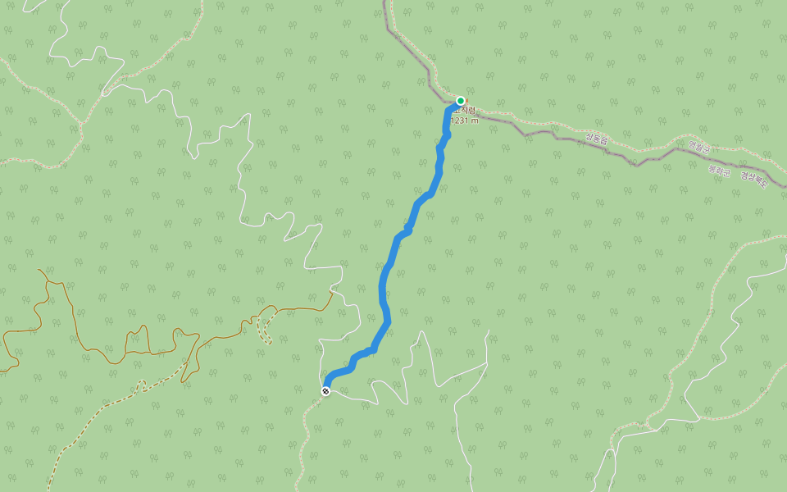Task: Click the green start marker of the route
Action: tap(461, 101)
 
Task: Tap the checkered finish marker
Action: tap(325, 391)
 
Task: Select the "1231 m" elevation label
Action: tap(464, 121)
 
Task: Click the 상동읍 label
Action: tap(596, 140)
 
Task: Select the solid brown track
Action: tap(123, 344)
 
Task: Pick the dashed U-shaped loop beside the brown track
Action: tap(264, 328)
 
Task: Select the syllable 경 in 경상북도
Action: tap(743, 175)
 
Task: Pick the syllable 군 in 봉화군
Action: tap(726, 171)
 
